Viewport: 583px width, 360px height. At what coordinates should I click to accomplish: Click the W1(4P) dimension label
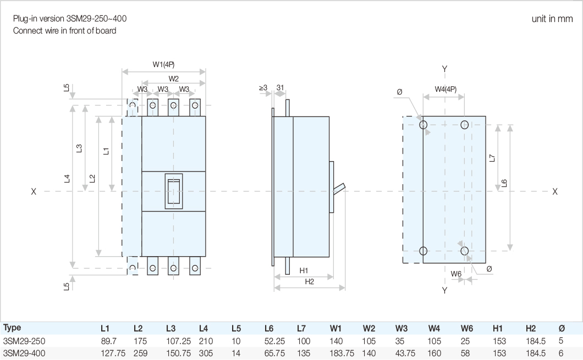pos(163,64)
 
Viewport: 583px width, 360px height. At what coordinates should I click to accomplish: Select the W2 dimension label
pos(173,78)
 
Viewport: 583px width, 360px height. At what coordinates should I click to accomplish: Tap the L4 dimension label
pos(67,178)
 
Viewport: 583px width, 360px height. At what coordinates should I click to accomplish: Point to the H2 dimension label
pos(309,281)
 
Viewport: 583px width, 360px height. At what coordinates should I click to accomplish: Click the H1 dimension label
pos(304,270)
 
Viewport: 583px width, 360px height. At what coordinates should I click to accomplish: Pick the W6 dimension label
pos(456,273)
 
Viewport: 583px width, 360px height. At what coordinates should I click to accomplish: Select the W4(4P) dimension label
pos(445,88)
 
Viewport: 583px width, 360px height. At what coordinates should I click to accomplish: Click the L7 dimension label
pos(493,158)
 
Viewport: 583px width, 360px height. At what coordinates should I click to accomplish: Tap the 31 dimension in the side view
pos(280,87)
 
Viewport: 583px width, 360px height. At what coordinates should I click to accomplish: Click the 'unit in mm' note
pos(552,19)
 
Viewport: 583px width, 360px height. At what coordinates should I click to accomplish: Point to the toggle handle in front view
pos(173,192)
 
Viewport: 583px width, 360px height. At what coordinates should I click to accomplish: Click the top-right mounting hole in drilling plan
pos(465,125)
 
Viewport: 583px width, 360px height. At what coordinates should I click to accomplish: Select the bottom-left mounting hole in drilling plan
pos(424,251)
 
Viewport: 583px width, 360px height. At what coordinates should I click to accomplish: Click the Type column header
pos(12,328)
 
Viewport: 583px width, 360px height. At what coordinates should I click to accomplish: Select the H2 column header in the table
pos(530,329)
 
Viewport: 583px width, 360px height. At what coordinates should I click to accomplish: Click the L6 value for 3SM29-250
pos(274,341)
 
